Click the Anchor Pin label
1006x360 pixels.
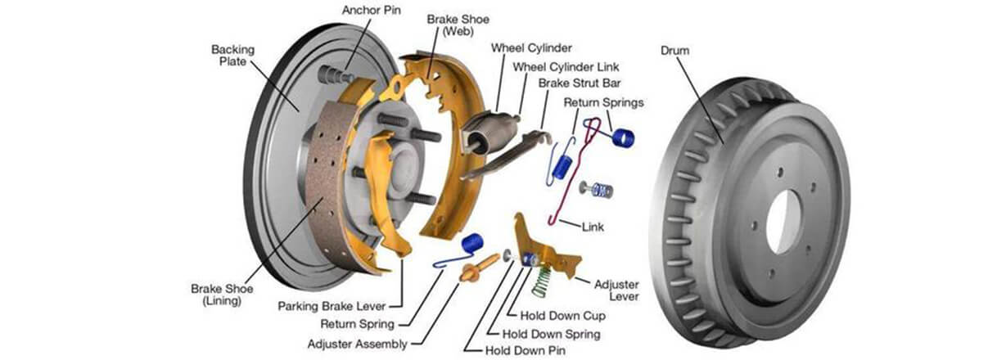point(371,11)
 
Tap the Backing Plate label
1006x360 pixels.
point(232,56)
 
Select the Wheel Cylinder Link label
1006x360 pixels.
point(566,67)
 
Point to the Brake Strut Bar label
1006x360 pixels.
point(580,83)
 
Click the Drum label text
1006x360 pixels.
point(674,50)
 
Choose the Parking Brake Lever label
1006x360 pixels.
point(332,306)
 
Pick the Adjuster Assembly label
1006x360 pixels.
point(357,344)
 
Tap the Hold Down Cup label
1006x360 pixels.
point(562,316)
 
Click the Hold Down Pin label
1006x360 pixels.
point(525,350)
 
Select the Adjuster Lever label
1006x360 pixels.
point(616,290)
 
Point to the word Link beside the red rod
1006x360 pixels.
point(593,227)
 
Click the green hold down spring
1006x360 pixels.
point(541,282)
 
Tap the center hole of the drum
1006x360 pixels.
point(783,221)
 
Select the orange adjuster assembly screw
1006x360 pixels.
point(479,268)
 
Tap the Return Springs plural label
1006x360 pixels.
point(603,103)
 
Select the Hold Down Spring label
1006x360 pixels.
point(551,334)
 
